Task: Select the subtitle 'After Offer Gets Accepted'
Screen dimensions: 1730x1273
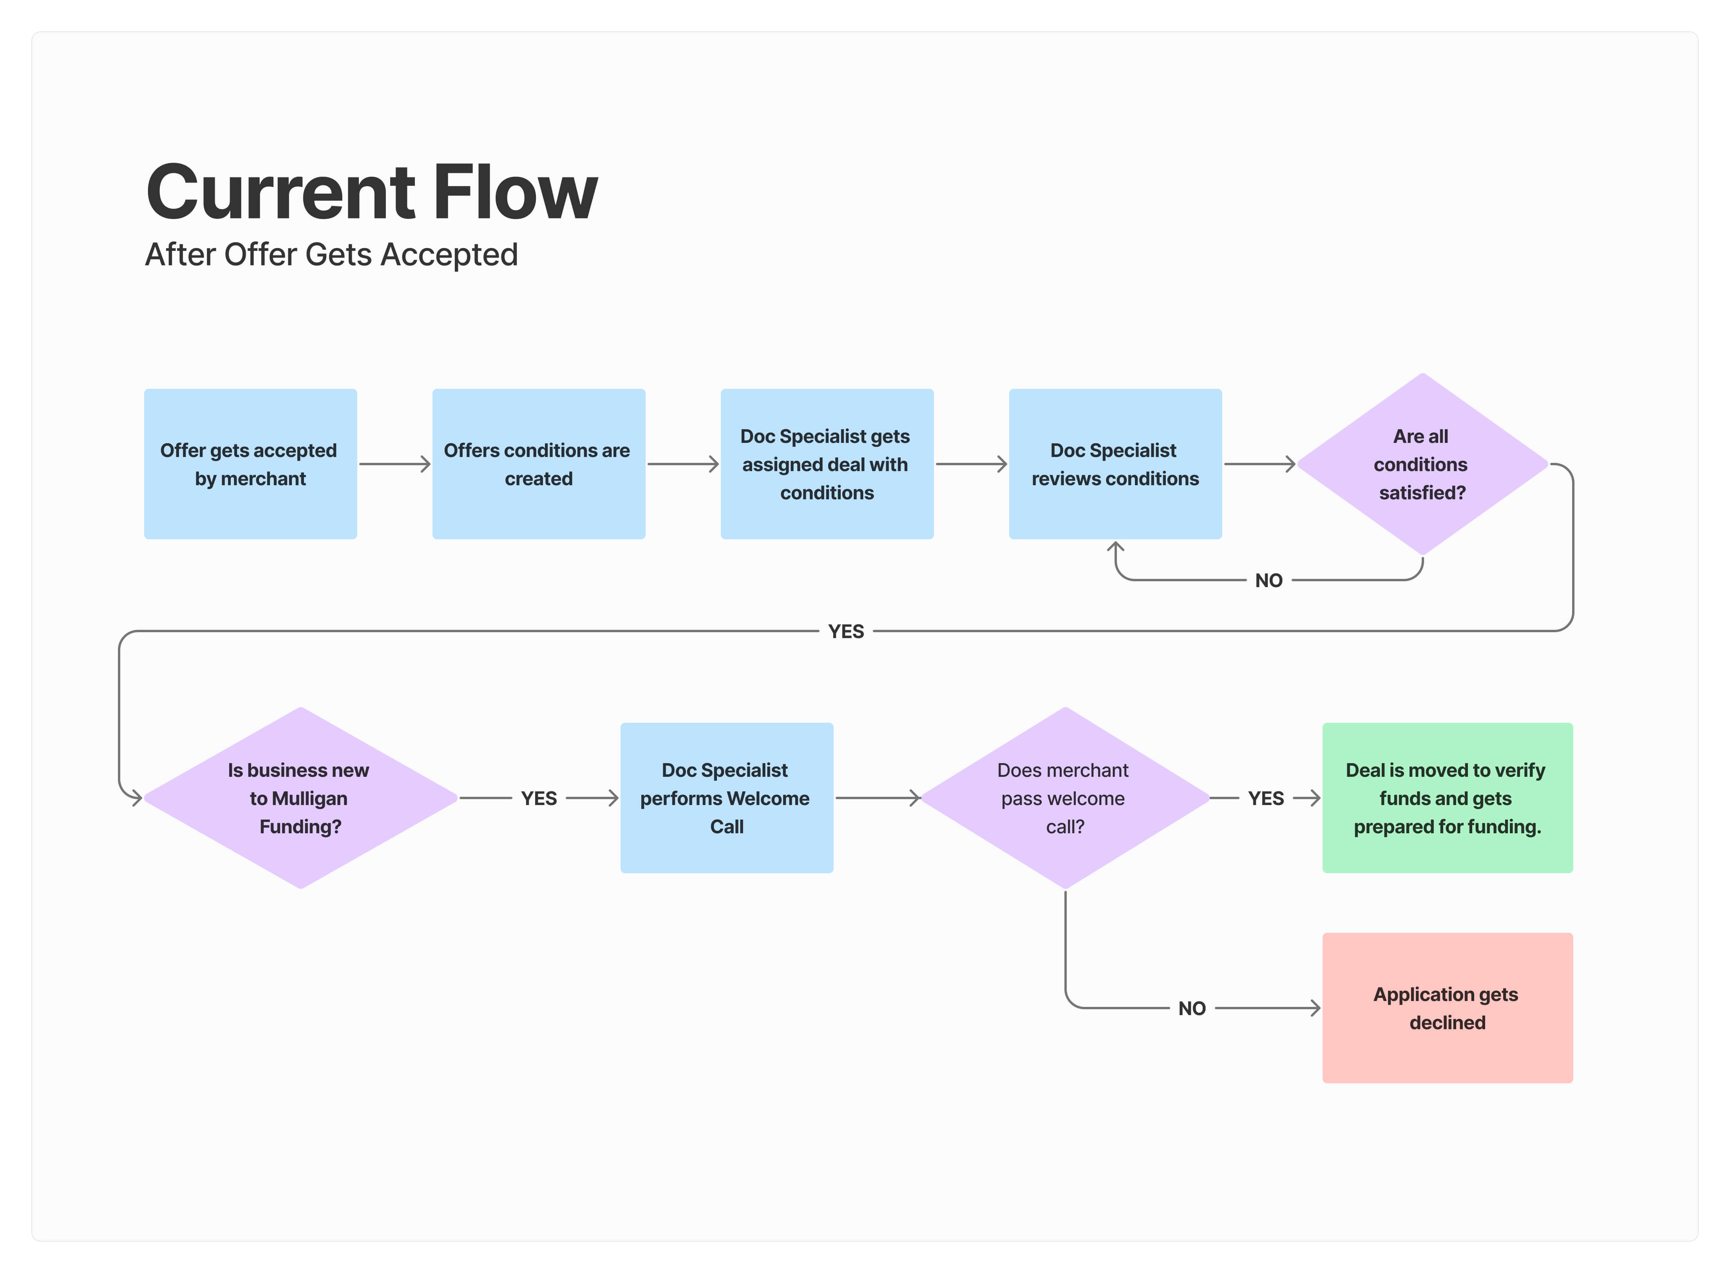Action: [331, 254]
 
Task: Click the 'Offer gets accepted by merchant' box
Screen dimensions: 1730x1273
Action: [250, 464]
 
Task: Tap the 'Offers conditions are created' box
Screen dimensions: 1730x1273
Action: [538, 464]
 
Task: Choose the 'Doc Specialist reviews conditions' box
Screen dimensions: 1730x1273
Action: [1115, 464]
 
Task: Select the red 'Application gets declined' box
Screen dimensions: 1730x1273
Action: [1447, 1008]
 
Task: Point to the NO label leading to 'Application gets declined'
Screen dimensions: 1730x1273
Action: [1192, 1008]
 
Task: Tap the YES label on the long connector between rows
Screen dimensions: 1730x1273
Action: [846, 631]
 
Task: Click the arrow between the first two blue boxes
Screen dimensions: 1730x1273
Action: [394, 464]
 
